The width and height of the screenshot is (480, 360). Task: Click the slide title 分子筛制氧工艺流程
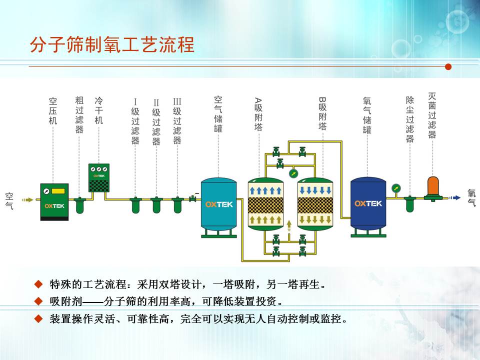click(112, 44)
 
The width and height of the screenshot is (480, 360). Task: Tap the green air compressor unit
click(54, 202)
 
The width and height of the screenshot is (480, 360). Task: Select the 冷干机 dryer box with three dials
click(99, 178)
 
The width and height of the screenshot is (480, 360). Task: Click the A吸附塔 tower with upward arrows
click(265, 204)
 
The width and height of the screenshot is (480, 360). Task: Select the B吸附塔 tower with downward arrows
click(315, 204)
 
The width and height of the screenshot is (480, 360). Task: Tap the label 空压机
click(53, 111)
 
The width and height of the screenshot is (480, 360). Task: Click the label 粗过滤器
click(79, 115)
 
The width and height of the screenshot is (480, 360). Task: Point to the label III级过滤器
click(177, 121)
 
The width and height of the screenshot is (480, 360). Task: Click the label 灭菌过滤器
click(432, 115)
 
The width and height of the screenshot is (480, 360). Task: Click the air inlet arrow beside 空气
click(27, 200)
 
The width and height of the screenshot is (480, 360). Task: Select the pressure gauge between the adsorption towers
click(293, 173)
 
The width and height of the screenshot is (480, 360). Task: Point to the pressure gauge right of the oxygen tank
click(396, 188)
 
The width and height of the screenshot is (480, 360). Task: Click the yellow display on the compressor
click(58, 191)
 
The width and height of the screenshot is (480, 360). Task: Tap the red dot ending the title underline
click(448, 66)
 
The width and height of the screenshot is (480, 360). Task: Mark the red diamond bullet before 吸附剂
click(38, 301)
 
